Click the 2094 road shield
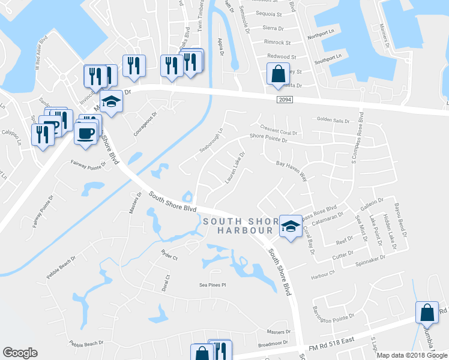pyautogui.click(x=285, y=100)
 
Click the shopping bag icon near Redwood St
pyautogui.click(x=278, y=74)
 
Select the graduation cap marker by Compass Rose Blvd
pyautogui.click(x=291, y=227)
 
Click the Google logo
pyautogui.click(x=20, y=353)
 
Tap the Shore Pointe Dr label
pyautogui.click(x=268, y=139)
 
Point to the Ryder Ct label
pyautogui.click(x=169, y=256)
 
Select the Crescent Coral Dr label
pyautogui.click(x=279, y=128)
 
